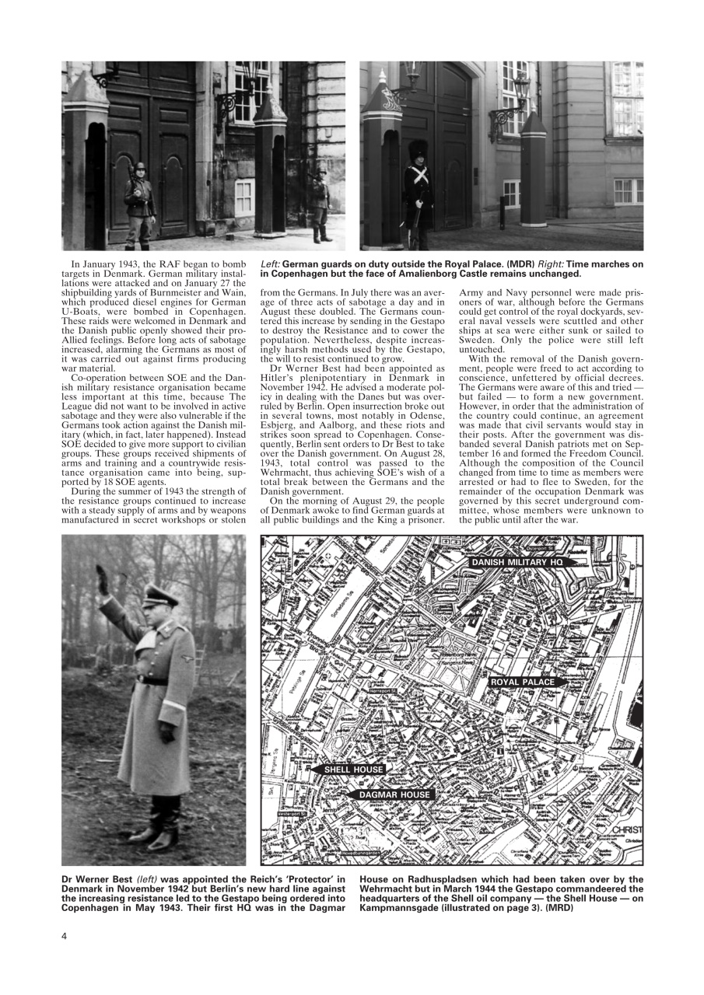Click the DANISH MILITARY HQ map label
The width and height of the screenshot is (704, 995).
click(516, 561)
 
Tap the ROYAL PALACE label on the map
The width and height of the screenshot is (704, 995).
click(523, 682)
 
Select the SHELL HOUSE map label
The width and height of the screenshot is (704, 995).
click(353, 770)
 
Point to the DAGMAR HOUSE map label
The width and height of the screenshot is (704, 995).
click(394, 795)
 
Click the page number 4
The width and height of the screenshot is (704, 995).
click(65, 935)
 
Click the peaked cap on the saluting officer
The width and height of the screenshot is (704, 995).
click(161, 595)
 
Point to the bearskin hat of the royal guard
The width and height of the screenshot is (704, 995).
click(419, 150)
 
